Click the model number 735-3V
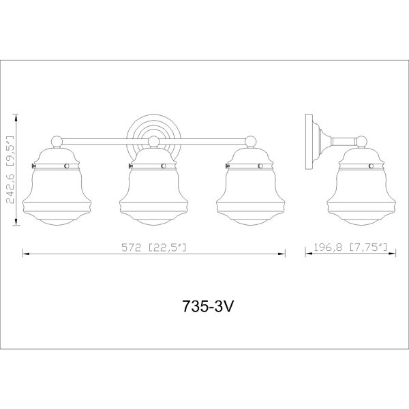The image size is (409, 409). click(x=207, y=306)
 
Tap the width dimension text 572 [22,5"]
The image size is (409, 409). click(x=154, y=247)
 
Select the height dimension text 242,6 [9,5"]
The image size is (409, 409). click(x=10, y=170)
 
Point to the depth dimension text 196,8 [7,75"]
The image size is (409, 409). click(x=350, y=247)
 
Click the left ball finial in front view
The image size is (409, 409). click(x=57, y=142)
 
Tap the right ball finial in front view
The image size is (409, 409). click(x=251, y=142)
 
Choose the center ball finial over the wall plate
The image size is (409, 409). click(x=154, y=142)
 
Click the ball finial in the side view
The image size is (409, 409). click(x=362, y=142)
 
